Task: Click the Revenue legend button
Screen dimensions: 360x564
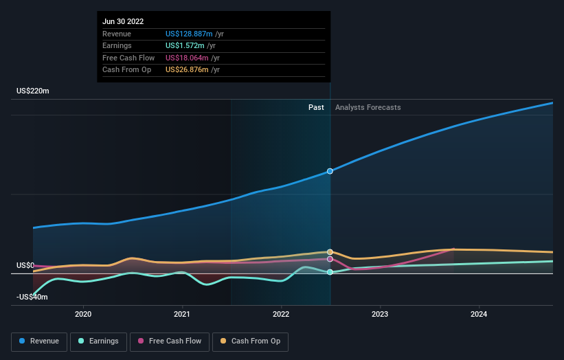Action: point(39,341)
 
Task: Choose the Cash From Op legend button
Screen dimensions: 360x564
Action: point(253,341)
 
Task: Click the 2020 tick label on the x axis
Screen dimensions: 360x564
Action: point(83,315)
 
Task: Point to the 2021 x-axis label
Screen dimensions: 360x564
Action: point(182,315)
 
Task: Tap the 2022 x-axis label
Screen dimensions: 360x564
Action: point(281,315)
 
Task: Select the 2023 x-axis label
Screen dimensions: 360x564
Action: point(380,315)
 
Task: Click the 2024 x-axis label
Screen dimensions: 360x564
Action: point(479,315)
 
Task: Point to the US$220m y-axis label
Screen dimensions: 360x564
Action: point(33,91)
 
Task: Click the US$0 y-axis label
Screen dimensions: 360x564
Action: point(25,265)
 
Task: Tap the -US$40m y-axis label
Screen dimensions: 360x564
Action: point(33,297)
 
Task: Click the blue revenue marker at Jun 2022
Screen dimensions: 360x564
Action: point(330,171)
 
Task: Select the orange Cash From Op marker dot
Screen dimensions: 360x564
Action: point(330,252)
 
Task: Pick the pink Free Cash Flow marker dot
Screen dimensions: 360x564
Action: point(330,259)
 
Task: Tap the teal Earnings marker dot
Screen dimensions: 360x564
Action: point(330,273)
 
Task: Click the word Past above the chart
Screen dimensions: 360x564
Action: point(316,107)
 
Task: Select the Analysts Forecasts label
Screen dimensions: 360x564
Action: point(368,107)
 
